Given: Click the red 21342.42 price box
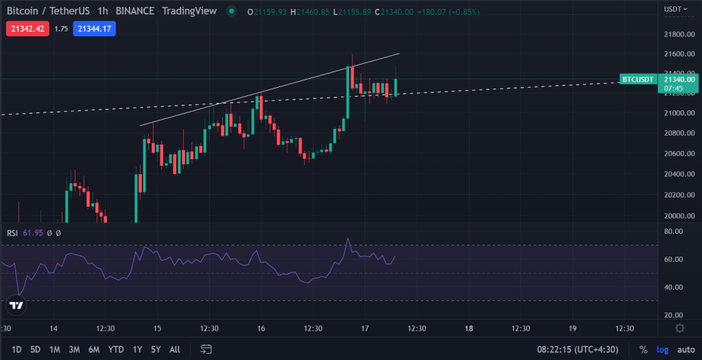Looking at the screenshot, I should click(27, 29).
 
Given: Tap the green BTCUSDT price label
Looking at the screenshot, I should click(638, 80).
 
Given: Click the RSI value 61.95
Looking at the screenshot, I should click(34, 233).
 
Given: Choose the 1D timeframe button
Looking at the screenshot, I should click(16, 349).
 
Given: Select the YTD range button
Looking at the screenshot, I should click(115, 349).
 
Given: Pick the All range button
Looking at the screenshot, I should click(175, 349).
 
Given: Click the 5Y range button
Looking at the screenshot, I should click(156, 349).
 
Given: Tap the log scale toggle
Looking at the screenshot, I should click(662, 349).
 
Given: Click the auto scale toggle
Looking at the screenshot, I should click(686, 349).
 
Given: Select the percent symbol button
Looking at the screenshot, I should click(643, 349).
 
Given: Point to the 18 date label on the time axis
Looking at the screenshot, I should click(469, 328).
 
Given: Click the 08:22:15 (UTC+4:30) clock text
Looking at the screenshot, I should click(577, 349).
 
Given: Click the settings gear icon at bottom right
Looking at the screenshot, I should click(679, 328).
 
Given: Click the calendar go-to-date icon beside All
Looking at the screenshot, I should click(205, 349).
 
